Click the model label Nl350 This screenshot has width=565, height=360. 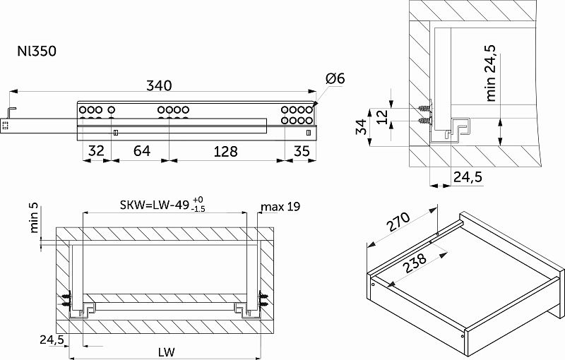pyautogui.click(x=37, y=51)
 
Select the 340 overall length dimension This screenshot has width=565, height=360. pyautogui.click(x=159, y=85)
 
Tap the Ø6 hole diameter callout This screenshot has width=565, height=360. pyautogui.click(x=335, y=78)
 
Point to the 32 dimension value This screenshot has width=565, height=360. pyautogui.click(x=96, y=151)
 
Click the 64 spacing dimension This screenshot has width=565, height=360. pyautogui.click(x=142, y=151)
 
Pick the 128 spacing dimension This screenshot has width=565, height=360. pyautogui.click(x=225, y=152)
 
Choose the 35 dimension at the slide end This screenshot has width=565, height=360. pyautogui.click(x=302, y=151)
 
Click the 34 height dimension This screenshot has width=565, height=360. pyautogui.click(x=361, y=126)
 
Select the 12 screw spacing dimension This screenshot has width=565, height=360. pyautogui.click(x=382, y=116)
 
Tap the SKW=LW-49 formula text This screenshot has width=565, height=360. pyautogui.click(x=154, y=205)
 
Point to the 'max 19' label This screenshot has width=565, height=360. pyautogui.click(x=280, y=207)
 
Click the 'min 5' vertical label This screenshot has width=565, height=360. pyautogui.click(x=35, y=220)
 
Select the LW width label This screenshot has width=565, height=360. pyautogui.click(x=166, y=352)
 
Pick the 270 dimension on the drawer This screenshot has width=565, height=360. pyautogui.click(x=398, y=222)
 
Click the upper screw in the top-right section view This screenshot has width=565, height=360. pyautogui.click(x=424, y=107)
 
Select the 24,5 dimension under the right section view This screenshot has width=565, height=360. pyautogui.click(x=468, y=176)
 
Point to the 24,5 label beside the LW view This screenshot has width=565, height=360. pyautogui.click(x=52, y=340)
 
